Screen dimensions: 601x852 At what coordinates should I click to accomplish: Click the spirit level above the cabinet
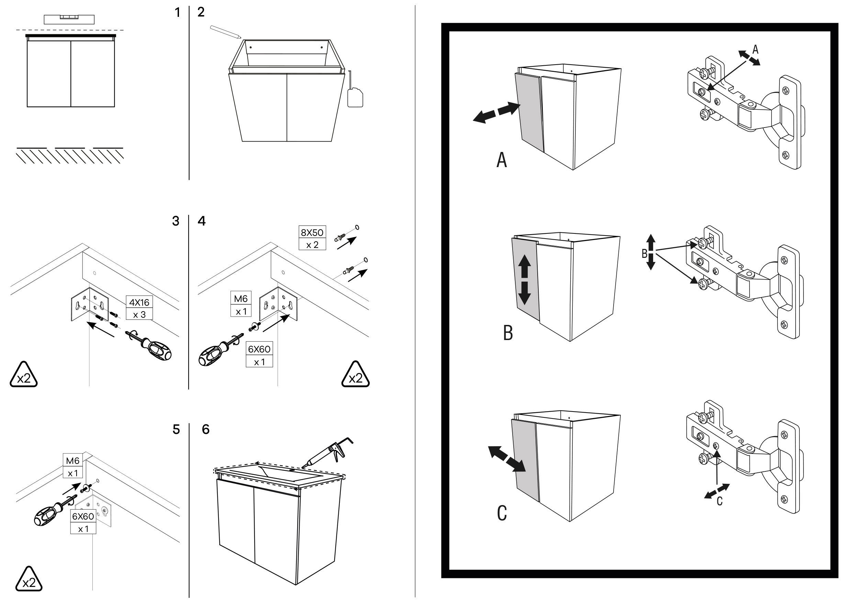point(69,19)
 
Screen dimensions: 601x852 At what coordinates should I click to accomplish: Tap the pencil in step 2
point(225,32)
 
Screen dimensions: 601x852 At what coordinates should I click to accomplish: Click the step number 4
point(202,221)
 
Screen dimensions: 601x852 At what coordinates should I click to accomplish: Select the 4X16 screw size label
point(139,302)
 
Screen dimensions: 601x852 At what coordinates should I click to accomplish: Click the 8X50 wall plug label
point(312,232)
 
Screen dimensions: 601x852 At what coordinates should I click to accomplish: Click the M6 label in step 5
point(73,461)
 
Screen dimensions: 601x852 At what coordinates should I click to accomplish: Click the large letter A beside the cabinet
point(502,161)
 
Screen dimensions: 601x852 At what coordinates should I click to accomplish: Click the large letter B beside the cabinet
point(508,333)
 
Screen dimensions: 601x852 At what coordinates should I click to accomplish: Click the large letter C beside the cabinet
point(502,513)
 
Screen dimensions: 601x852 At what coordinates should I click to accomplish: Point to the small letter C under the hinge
point(719,501)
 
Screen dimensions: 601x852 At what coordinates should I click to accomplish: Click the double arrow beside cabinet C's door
point(506,459)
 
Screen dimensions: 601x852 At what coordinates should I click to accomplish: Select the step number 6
point(205,429)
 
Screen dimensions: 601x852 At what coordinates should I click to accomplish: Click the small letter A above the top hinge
point(755,50)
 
